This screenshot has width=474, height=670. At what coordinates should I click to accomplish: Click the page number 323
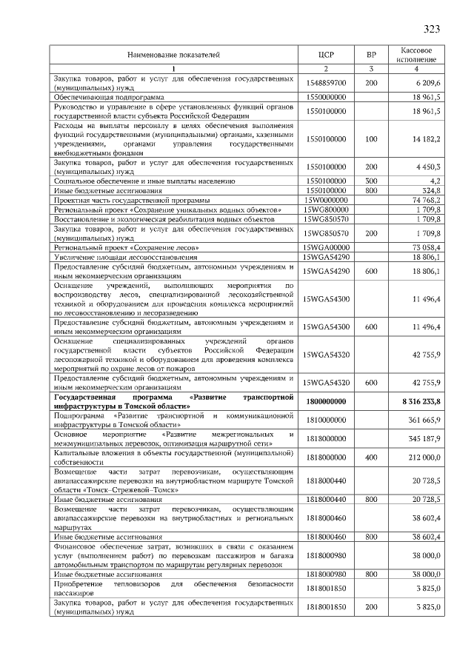tap(432, 30)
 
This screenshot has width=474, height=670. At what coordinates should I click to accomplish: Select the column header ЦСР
tap(327, 55)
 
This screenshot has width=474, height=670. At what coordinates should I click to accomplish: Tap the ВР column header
tap(371, 55)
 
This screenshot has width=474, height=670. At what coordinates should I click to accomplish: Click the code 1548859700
tap(327, 84)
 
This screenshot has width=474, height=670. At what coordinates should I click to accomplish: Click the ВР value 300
tap(371, 180)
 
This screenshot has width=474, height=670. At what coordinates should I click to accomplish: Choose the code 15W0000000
tap(327, 200)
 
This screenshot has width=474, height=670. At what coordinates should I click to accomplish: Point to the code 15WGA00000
tap(327, 247)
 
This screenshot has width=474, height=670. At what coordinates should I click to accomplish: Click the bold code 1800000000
tap(327, 401)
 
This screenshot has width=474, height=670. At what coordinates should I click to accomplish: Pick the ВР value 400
tap(371, 457)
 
